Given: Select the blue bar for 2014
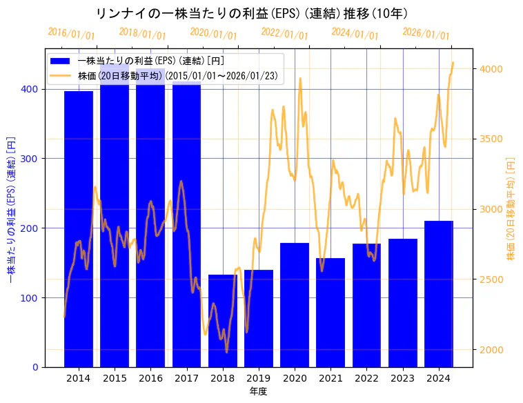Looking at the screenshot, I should (x=78, y=228).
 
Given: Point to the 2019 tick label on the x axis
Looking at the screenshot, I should (x=259, y=378).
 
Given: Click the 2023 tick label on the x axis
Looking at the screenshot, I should (x=403, y=378).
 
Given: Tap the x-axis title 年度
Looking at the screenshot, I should (x=259, y=391).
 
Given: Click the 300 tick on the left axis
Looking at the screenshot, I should (x=32, y=159).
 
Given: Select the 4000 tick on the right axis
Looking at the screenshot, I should (x=492, y=69).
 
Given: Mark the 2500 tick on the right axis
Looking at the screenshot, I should (x=492, y=279).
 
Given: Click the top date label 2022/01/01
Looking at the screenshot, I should (x=285, y=33).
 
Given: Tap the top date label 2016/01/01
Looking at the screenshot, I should (x=72, y=33).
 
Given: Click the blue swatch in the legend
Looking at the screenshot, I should (x=60, y=61).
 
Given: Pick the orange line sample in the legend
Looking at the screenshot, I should (x=60, y=76).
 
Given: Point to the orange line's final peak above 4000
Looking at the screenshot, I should (x=453, y=63).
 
